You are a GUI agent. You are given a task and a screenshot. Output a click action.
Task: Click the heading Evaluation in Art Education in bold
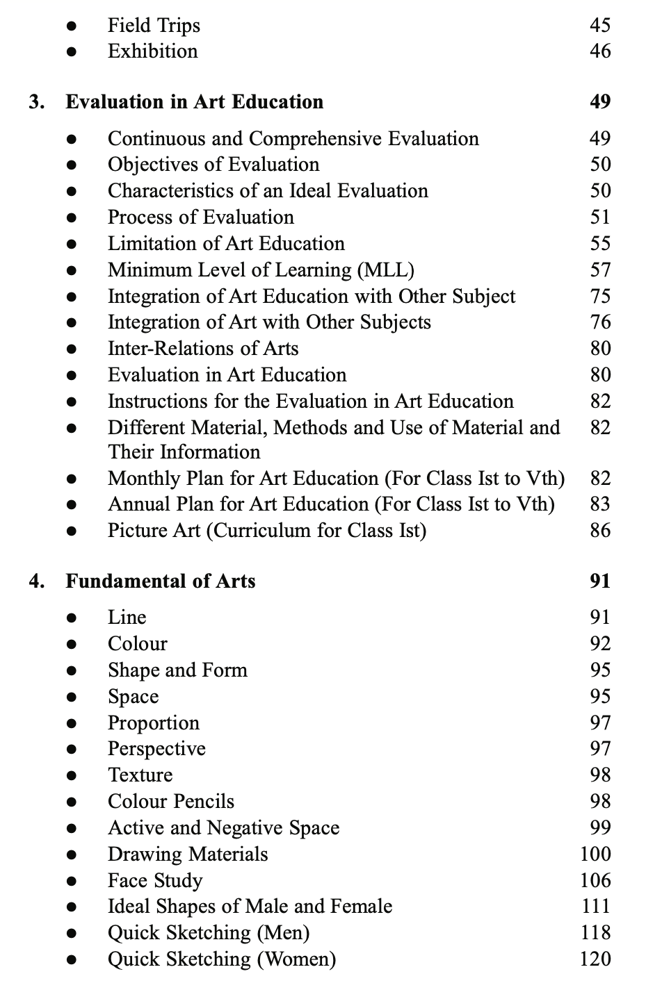pos(195,102)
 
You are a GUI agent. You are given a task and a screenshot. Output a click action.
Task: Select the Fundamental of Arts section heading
pos(161,581)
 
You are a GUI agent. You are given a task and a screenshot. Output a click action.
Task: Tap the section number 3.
pos(37,102)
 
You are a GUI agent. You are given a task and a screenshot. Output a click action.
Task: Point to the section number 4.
pos(37,581)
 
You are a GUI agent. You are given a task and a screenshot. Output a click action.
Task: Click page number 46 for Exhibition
pos(599,51)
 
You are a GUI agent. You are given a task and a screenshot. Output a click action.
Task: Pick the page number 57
pos(599,270)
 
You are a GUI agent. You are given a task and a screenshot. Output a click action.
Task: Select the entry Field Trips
pos(154,26)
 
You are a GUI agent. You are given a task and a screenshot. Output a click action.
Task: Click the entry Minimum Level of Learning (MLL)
pos(261,270)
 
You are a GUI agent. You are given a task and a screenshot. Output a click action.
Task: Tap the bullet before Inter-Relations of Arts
pos(71,349)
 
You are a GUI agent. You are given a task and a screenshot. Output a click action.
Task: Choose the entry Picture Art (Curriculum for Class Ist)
pos(267,531)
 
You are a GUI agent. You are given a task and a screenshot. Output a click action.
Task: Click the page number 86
pos(599,531)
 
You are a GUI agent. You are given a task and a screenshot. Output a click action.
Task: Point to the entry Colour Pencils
pos(171,802)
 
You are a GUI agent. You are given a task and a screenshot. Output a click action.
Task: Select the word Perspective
pos(156,749)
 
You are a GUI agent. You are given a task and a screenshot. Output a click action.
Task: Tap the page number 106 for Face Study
pos(595,881)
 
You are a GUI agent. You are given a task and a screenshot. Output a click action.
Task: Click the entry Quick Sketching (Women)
pos(222,959)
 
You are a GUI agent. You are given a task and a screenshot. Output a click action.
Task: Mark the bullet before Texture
pos(71,776)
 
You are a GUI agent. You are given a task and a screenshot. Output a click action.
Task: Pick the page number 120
pos(595,959)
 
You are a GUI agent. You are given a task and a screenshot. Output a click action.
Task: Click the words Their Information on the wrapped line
pos(184,452)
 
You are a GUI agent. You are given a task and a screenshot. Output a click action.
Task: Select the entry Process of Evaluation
pos(201,217)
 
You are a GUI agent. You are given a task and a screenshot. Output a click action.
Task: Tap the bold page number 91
pos(599,581)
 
